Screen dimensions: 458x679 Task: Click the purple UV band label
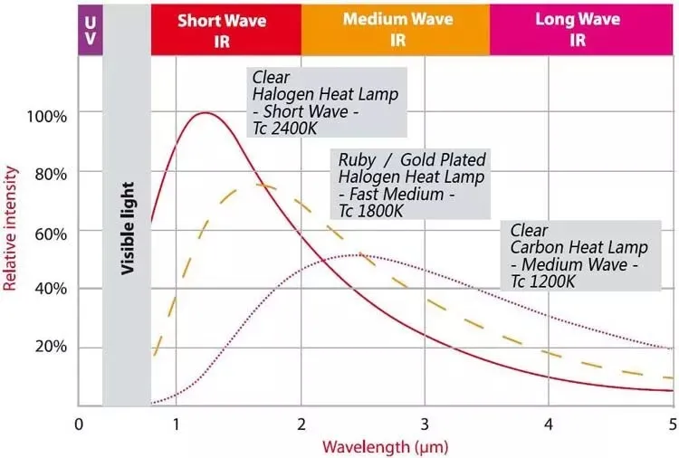[x=90, y=29]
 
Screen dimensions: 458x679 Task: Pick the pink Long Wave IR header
[x=579, y=29]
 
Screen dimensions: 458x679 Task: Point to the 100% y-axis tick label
[x=46, y=117]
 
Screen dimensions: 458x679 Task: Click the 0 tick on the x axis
[x=79, y=423]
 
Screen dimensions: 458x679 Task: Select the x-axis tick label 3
[x=425, y=423]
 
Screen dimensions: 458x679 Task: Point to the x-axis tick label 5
[x=672, y=423]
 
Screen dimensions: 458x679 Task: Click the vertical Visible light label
[x=128, y=226]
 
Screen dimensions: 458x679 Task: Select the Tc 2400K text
[x=286, y=128]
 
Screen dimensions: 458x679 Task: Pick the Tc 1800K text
[x=371, y=211]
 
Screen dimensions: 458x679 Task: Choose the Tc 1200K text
[x=545, y=281]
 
